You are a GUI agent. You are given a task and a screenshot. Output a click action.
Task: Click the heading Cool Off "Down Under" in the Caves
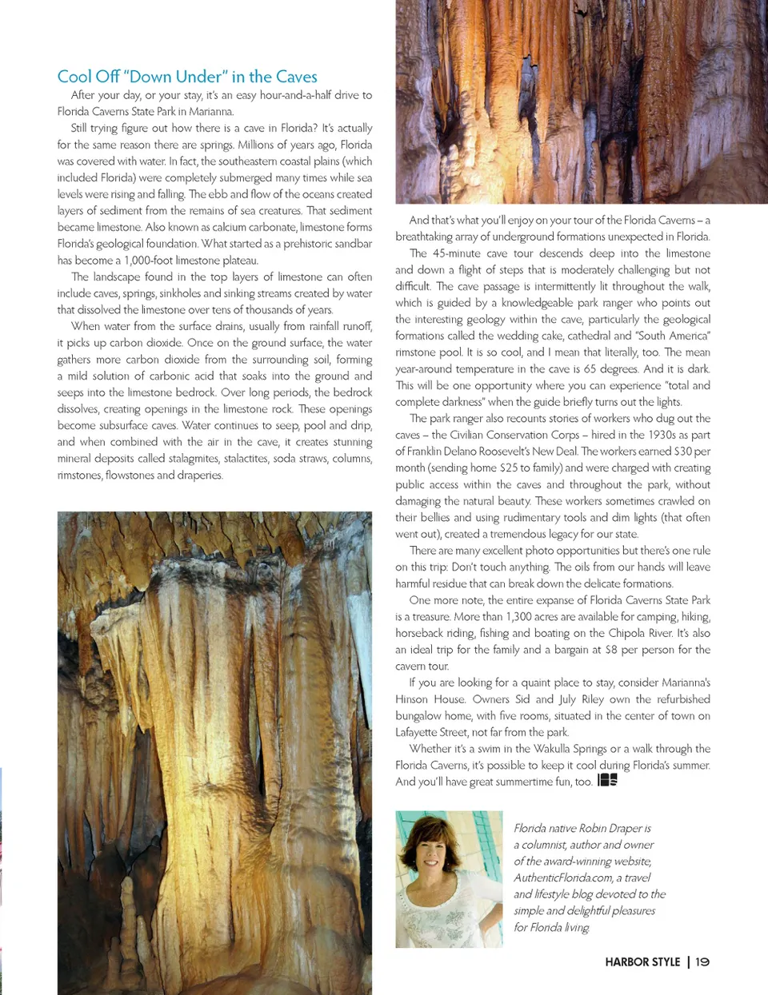point(187,77)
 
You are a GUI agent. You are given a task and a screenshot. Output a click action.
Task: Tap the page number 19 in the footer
point(702,961)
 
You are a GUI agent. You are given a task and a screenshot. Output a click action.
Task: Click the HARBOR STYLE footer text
point(642,961)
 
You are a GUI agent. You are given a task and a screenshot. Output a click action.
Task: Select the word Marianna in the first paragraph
point(211,111)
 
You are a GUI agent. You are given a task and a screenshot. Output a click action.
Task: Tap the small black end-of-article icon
point(607,780)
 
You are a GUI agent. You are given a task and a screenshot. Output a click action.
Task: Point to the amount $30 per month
point(693,451)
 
